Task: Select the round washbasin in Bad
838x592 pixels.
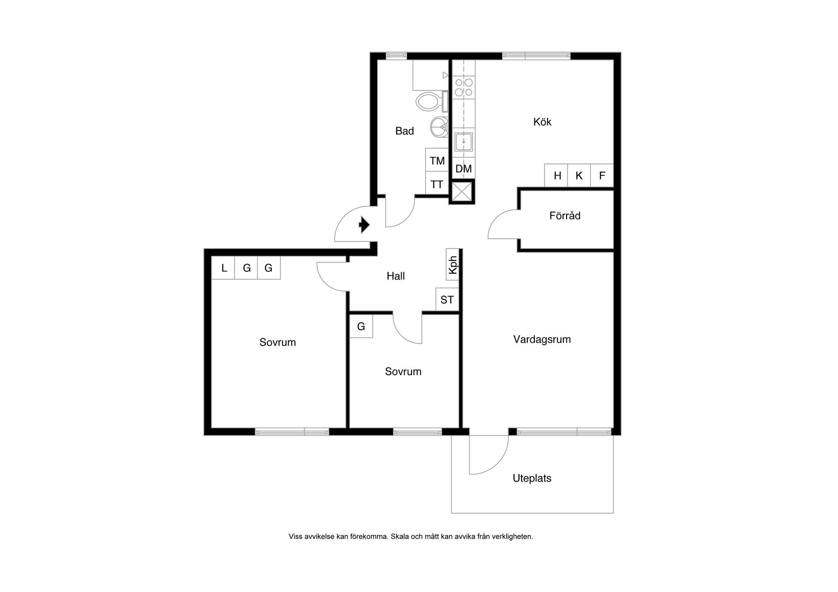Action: click(x=439, y=127)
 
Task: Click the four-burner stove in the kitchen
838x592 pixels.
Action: click(x=464, y=87)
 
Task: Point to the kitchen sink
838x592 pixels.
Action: click(x=464, y=142)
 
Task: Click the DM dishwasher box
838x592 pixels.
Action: click(x=464, y=168)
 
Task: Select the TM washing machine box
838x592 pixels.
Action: click(x=437, y=160)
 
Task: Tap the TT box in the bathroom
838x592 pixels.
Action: click(x=437, y=183)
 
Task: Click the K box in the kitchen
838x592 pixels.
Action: click(x=579, y=175)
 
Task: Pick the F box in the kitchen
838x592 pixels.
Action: click(x=602, y=175)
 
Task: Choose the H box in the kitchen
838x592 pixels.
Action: click(x=556, y=175)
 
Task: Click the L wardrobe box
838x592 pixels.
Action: click(x=223, y=267)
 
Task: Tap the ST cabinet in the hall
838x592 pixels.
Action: click(x=447, y=299)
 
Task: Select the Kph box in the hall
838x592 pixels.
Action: click(x=452, y=264)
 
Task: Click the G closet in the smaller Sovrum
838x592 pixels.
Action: click(x=361, y=326)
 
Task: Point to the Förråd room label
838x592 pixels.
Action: click(x=565, y=216)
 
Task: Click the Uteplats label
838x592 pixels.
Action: click(x=532, y=478)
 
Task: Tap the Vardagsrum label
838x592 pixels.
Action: click(x=542, y=339)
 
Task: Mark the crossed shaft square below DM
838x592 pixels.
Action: click(x=462, y=192)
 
